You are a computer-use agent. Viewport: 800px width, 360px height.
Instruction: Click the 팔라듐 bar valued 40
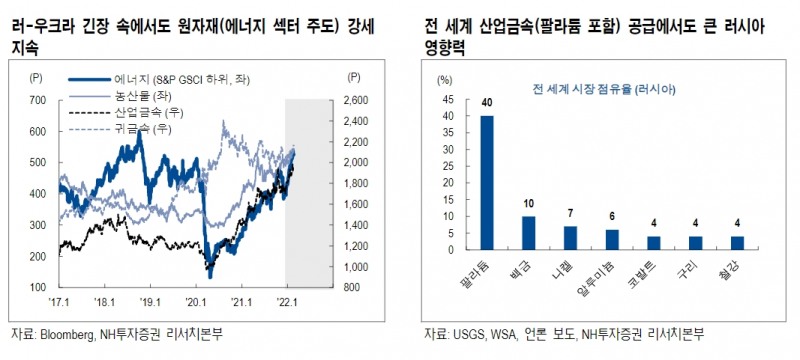(x=487, y=183)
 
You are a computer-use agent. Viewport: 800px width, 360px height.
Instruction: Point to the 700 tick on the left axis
(x=40, y=101)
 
